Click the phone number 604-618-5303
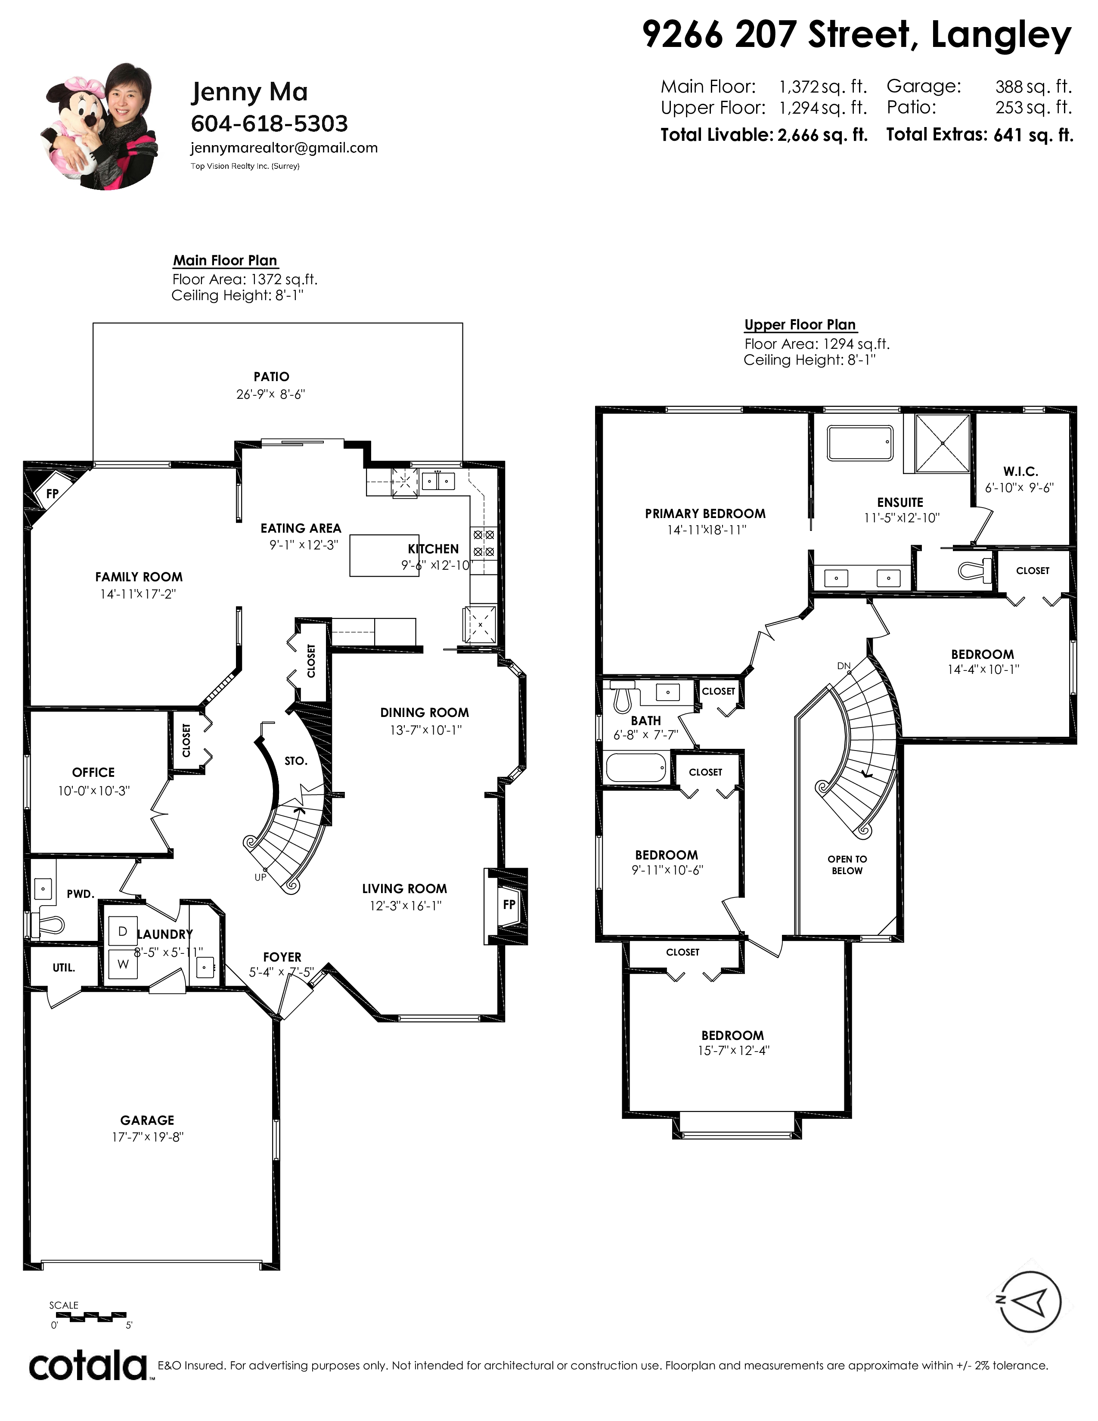pyautogui.click(x=269, y=124)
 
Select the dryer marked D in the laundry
pyautogui.click(x=122, y=932)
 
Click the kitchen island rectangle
pyautogui.click(x=384, y=555)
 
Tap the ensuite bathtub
pyautogui.click(x=860, y=443)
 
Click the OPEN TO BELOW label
pyautogui.click(x=847, y=865)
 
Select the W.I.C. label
pyautogui.click(x=1020, y=471)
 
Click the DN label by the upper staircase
pyautogui.click(x=844, y=666)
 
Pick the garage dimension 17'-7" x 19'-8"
pyautogui.click(x=148, y=1137)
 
